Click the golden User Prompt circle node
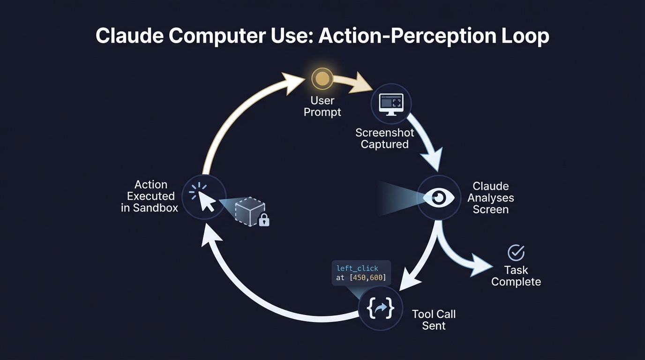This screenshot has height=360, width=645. point(322,79)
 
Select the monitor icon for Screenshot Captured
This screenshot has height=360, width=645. point(391,104)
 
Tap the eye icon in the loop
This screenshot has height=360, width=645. point(439,197)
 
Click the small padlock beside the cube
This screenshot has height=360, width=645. point(264,219)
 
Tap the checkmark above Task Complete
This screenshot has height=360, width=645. point(516,253)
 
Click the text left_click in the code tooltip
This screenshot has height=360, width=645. point(357,268)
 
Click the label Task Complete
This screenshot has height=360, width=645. point(516,276)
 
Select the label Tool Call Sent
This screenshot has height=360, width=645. point(434,320)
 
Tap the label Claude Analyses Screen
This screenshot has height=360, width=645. point(490,198)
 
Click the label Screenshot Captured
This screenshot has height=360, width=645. point(384,138)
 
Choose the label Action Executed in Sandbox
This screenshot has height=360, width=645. point(150,196)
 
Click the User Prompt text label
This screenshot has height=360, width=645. point(322,106)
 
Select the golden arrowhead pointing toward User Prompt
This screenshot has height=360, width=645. point(293,82)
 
